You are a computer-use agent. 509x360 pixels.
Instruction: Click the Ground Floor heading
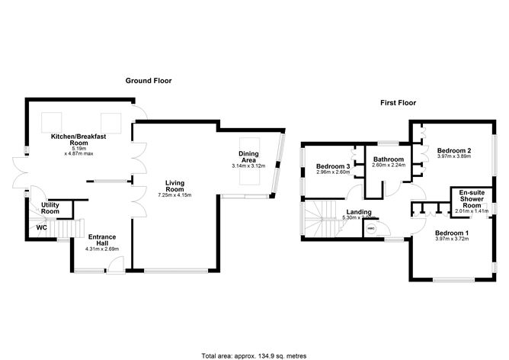149,80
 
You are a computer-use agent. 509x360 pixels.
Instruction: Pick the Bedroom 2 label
454,152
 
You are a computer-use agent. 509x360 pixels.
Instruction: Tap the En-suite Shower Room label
472,201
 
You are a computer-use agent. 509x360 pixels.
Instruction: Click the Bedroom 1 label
453,233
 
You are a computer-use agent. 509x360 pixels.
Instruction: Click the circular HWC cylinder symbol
371,228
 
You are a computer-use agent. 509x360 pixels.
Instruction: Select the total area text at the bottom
254,355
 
